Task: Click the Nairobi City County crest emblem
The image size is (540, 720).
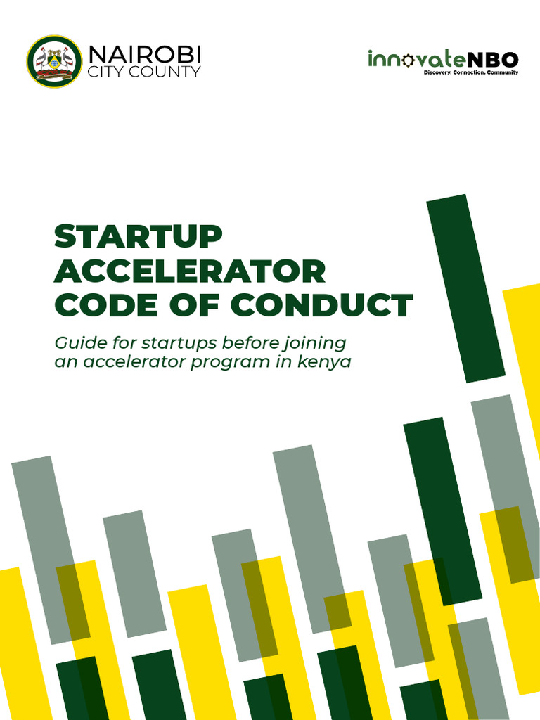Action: (x=54, y=61)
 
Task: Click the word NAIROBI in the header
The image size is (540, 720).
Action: (x=144, y=54)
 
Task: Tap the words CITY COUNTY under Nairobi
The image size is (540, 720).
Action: (x=143, y=72)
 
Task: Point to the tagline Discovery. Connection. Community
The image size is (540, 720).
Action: (x=470, y=72)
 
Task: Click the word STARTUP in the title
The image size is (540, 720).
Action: (x=138, y=237)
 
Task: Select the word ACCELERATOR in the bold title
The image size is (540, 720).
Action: (x=190, y=271)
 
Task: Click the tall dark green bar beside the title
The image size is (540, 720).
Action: (x=465, y=288)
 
